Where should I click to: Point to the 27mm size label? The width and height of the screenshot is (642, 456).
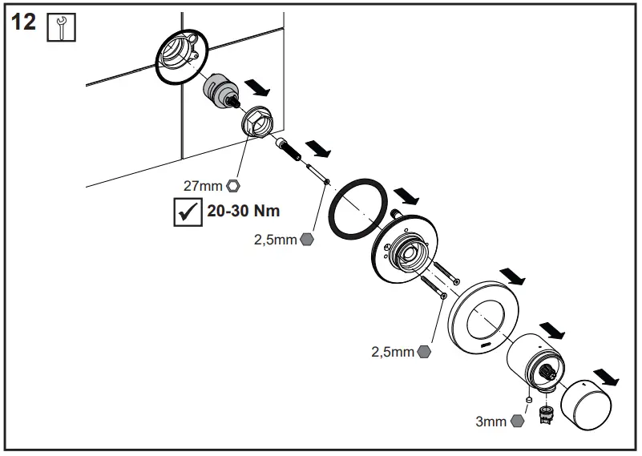pyautogui.click(x=203, y=186)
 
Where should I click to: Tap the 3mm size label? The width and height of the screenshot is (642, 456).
pyautogui.click(x=491, y=421)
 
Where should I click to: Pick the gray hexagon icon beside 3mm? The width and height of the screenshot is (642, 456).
pyautogui.click(x=517, y=421)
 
